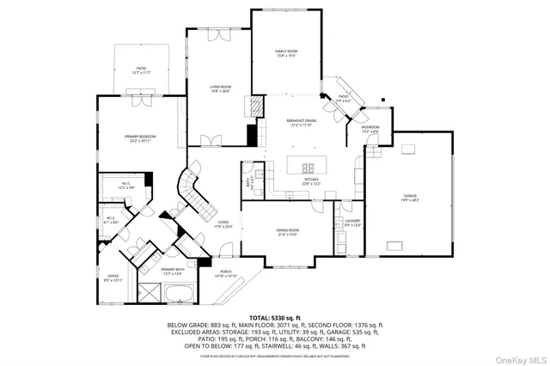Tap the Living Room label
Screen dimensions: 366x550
(x=221, y=88)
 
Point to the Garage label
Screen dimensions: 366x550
(x=410, y=198)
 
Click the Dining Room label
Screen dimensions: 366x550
(x=288, y=231)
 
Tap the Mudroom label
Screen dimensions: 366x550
(x=370, y=129)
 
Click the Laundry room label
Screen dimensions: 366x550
(x=352, y=223)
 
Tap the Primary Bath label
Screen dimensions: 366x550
(x=173, y=271)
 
